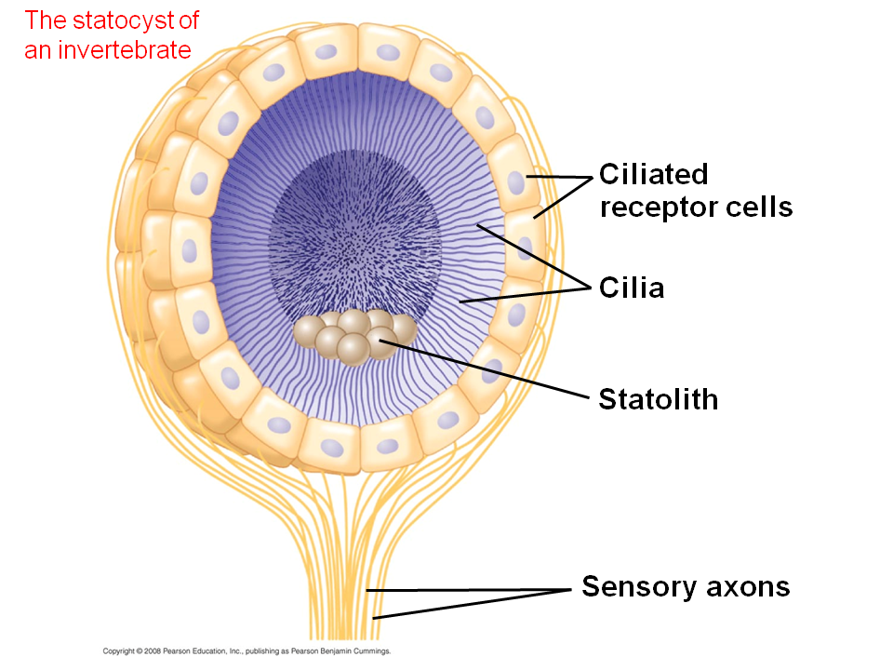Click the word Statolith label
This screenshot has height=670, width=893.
point(658,400)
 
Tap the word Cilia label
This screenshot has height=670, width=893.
point(631,288)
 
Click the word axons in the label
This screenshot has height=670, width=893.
point(745,587)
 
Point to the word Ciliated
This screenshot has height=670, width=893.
point(653,174)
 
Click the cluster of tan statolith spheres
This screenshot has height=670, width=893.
point(354,335)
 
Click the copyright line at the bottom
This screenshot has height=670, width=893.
point(247,651)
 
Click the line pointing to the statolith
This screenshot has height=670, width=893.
point(484,369)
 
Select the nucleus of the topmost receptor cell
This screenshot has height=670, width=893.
point(326,52)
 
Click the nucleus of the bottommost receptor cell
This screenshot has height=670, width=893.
point(332,448)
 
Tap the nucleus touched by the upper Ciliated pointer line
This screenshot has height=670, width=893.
point(517,180)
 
